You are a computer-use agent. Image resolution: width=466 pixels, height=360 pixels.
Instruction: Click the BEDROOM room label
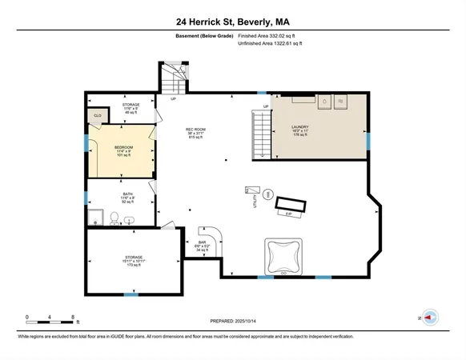[123, 147]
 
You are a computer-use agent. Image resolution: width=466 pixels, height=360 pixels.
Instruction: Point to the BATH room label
[128, 194]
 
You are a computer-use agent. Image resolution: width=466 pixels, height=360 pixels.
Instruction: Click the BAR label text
[203, 242]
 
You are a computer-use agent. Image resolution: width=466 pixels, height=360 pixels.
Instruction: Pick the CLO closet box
[96, 115]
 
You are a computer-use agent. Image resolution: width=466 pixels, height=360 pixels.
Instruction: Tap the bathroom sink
[130, 218]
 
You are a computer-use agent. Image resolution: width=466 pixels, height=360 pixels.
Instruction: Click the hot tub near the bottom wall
[283, 256]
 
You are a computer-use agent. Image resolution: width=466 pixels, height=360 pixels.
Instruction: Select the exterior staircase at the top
[172, 78]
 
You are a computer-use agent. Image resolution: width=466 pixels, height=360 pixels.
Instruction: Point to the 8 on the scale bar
[73, 318]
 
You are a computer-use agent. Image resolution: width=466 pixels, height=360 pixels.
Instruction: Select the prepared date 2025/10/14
[233, 322]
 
